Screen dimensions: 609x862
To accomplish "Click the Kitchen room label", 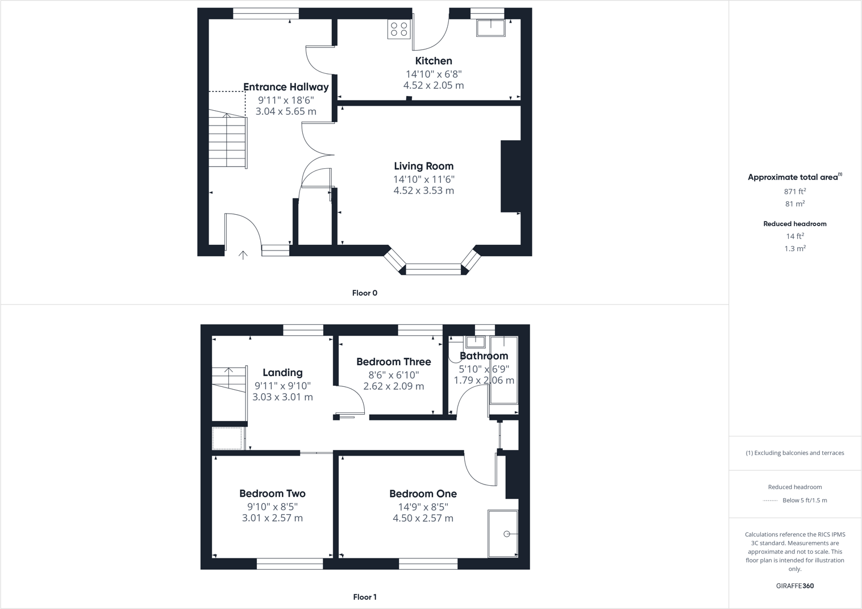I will [434, 61].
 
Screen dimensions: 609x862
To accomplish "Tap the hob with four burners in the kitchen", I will [399, 30].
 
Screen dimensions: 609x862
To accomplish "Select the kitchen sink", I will [490, 28].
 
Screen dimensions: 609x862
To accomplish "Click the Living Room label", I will [424, 166].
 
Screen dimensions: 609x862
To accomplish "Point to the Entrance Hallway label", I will [286, 87].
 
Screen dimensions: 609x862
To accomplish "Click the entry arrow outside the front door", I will [243, 255].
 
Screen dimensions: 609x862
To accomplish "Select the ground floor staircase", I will [227, 140].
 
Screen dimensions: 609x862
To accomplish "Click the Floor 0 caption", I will [365, 293].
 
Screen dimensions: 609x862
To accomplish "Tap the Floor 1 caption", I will [365, 597].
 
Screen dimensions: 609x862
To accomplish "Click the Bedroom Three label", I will [394, 362].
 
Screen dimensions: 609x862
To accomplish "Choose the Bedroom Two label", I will [272, 494].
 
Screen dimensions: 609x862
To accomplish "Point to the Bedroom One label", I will [423, 494].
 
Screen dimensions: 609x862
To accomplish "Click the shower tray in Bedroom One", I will [503, 533].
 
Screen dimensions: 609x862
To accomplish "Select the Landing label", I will [282, 373].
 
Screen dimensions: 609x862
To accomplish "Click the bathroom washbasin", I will [475, 342].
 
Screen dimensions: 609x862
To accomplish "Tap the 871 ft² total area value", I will [795, 191].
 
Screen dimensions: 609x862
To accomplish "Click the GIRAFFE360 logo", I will [795, 586].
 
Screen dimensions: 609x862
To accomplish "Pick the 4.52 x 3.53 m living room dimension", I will [424, 191].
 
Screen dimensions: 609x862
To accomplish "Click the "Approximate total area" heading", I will [794, 177].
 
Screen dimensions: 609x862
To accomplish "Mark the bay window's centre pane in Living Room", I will [434, 269].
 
